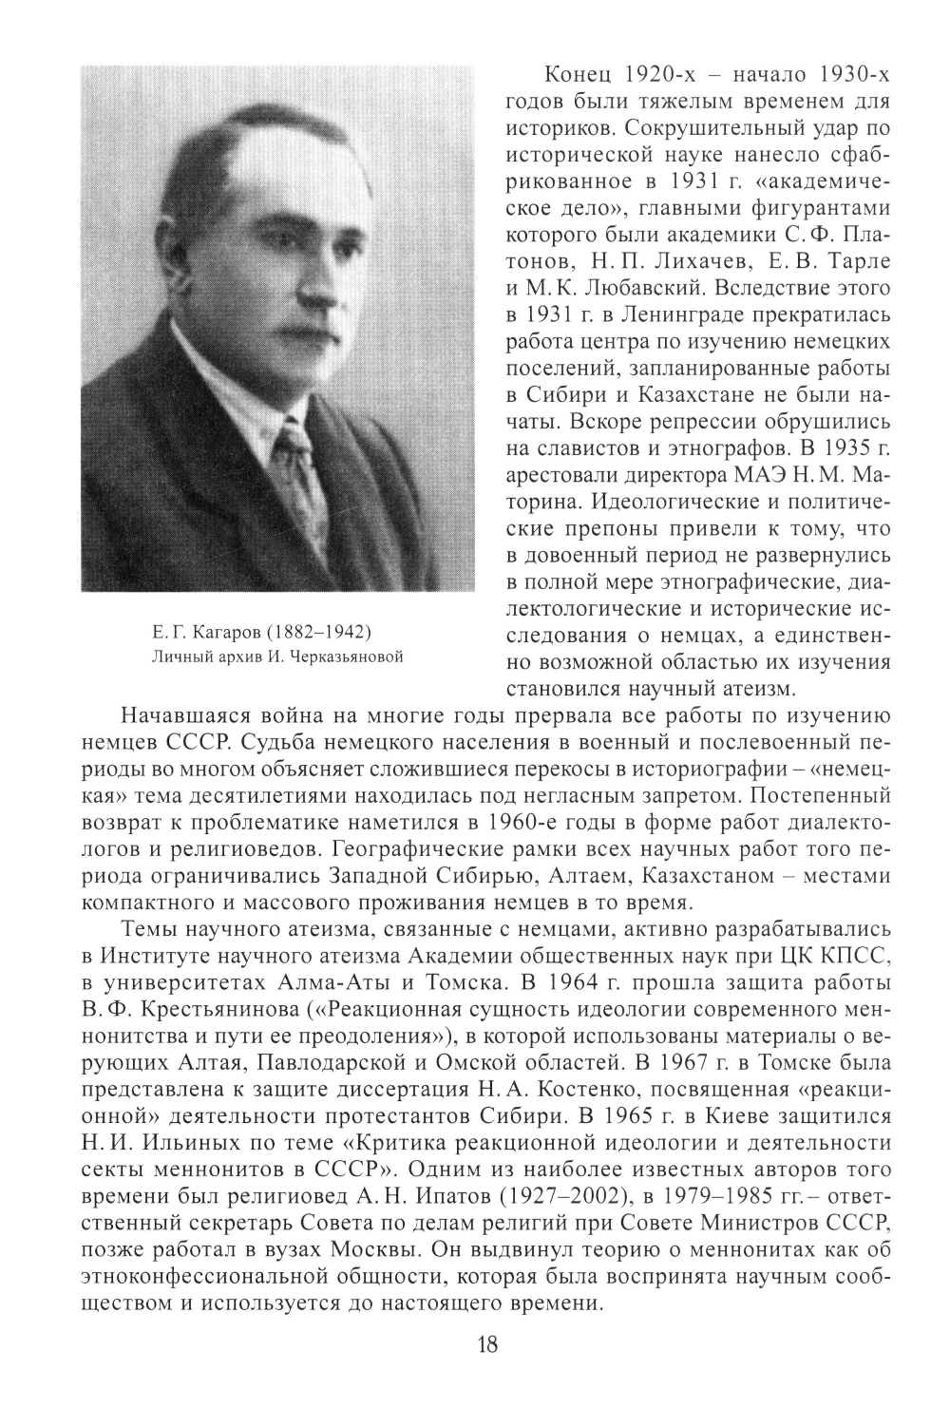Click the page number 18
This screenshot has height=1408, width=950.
tap(485, 1345)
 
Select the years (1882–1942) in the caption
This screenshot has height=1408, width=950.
tap(317, 632)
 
